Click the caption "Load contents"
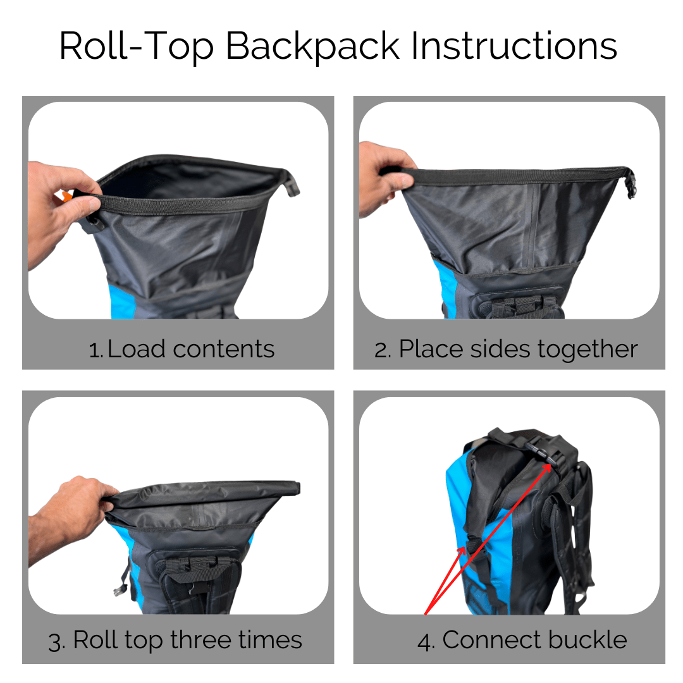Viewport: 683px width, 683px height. pyautogui.click(x=191, y=349)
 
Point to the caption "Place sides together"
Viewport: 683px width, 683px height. pyautogui.click(x=518, y=349)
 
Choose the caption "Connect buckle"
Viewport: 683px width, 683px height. pyautogui.click(x=534, y=640)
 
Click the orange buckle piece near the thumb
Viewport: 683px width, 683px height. pyautogui.click(x=65, y=198)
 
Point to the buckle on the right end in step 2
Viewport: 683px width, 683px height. pyautogui.click(x=631, y=183)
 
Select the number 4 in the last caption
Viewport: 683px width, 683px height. pyautogui.click(x=425, y=640)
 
